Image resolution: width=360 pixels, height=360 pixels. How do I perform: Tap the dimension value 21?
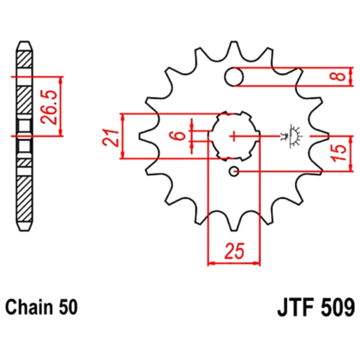(111, 138)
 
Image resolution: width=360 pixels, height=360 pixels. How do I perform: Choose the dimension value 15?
(339, 153)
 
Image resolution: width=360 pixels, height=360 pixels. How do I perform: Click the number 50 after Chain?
(68, 307)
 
